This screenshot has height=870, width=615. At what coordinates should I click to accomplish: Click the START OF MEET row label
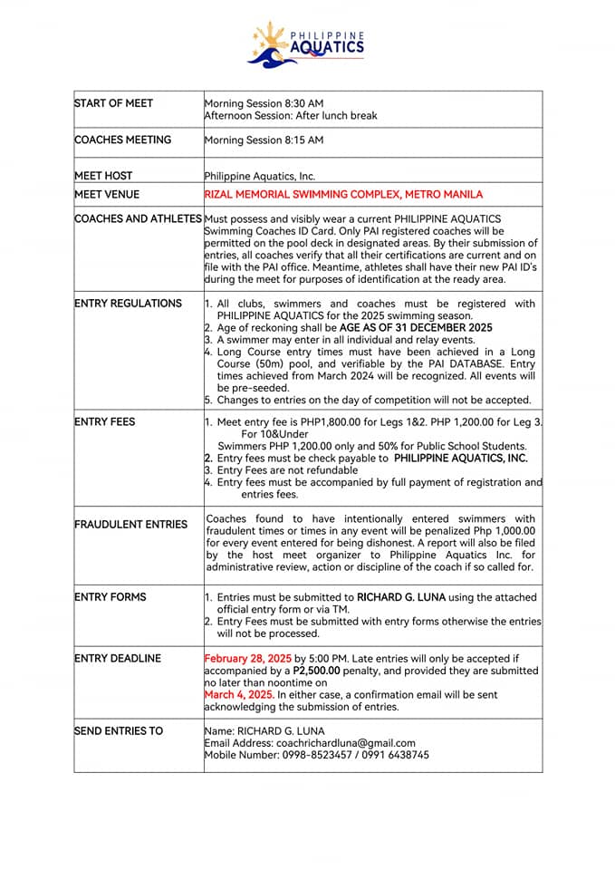point(114,103)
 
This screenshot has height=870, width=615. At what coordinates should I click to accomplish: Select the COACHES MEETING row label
point(122,140)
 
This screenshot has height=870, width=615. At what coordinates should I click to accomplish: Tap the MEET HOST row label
point(103,176)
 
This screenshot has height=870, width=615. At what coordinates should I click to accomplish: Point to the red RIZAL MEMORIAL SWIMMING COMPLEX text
point(343,194)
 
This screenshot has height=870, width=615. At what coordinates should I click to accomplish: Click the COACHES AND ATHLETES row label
point(139,218)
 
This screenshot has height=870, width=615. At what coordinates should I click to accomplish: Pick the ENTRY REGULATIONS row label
point(128,304)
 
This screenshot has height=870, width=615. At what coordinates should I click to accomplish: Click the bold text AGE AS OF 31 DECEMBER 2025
point(416,327)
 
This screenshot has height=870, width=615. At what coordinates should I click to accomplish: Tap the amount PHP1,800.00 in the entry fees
point(341,422)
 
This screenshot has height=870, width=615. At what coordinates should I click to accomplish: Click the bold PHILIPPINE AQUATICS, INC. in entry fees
point(461,459)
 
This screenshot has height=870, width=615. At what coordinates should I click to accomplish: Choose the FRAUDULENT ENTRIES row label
point(131,525)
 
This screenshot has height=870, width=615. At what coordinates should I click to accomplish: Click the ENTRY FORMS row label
point(111,597)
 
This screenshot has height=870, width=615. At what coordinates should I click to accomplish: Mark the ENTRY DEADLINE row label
point(118,659)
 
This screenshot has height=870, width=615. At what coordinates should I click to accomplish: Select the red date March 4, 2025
point(237,695)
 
